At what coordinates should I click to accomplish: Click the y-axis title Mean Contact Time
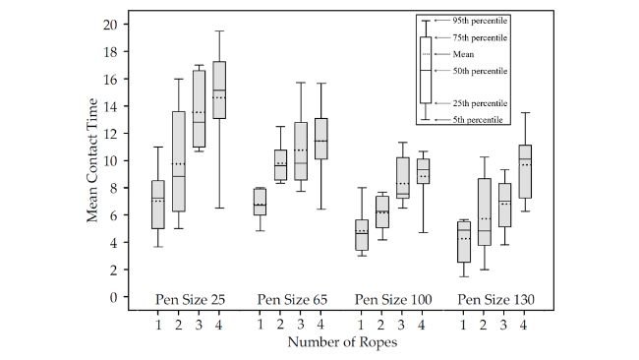point(92,161)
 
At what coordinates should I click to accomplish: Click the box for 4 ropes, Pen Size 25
point(219,90)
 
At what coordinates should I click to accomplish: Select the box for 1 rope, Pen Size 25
point(157,205)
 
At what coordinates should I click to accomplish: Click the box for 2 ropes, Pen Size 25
point(178,161)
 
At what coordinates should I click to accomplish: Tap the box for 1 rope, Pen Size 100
point(362,235)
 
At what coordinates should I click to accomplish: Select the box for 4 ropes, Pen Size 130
point(525,171)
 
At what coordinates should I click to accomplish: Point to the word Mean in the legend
point(463,54)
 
